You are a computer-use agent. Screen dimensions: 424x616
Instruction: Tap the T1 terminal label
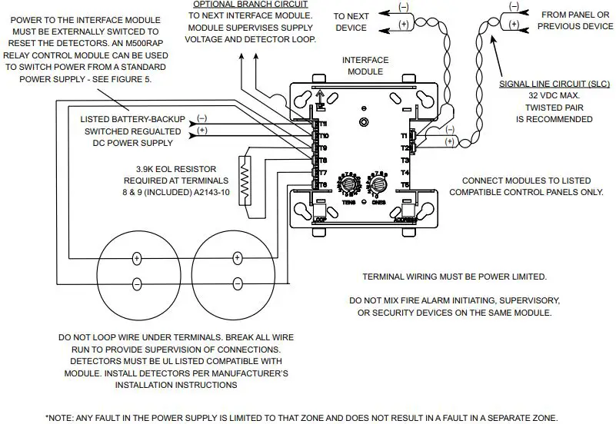click(x=404, y=135)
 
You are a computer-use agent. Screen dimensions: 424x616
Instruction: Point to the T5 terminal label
click(x=405, y=185)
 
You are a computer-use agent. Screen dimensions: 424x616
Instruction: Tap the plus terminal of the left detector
click(x=136, y=258)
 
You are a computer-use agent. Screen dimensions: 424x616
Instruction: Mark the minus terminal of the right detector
click(x=237, y=282)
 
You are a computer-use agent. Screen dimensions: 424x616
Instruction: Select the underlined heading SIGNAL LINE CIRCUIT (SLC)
click(x=544, y=83)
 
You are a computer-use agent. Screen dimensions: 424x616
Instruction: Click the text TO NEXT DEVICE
click(x=351, y=22)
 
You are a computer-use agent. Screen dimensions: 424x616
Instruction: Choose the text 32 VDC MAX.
click(x=544, y=95)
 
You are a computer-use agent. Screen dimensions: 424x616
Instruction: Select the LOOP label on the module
click(x=321, y=219)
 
